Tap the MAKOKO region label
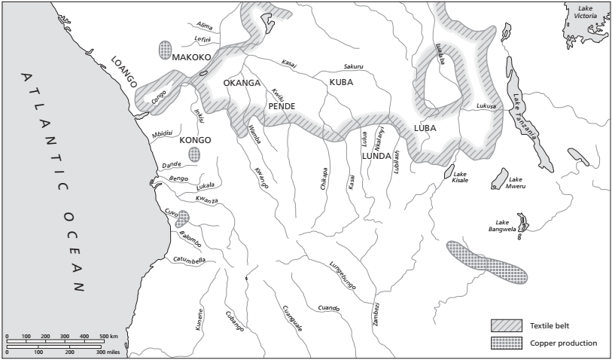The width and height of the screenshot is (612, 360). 191,57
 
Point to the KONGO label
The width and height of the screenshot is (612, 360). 194,140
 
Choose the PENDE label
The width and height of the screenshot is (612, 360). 282,106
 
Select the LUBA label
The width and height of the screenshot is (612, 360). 425,128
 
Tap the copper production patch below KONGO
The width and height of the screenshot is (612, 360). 194,154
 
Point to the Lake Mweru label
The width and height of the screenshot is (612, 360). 520,183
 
